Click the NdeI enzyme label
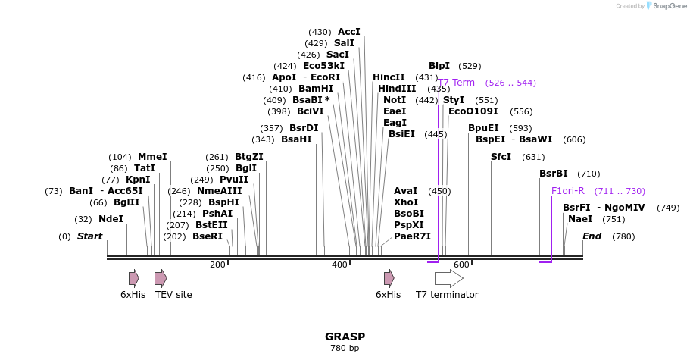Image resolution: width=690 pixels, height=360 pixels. coord(111,219)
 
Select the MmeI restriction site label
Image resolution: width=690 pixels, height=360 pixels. coord(152,157)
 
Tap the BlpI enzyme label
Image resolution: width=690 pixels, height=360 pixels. coord(439,66)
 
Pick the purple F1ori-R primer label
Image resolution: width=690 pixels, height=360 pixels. coord(568,191)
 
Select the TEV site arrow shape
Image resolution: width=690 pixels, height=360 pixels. coord(161,278)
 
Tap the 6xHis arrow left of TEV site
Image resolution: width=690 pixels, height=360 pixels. coord(134,278)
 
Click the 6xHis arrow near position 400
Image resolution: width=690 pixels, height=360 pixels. coord(389,278)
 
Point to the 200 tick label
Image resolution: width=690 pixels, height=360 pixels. coord(217,265)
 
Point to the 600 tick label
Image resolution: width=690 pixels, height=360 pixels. coord(461,265)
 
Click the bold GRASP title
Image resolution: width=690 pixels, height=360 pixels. coord(345,337)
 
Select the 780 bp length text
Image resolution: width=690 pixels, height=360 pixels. coord(345,349)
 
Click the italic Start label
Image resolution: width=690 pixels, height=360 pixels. coord(89,236)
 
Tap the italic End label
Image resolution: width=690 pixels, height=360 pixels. coord(592,236)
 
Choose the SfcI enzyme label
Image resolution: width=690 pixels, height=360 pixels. coord(501,157)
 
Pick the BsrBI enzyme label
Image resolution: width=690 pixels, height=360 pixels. coord(554,174)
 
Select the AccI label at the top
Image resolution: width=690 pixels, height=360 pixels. coord(349,32)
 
